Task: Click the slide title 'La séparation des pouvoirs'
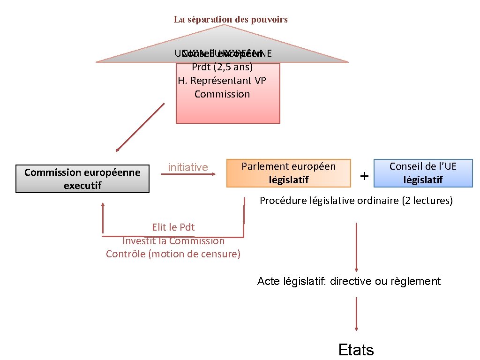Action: point(231,20)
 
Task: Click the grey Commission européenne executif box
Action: point(82,179)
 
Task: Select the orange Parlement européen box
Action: point(288,173)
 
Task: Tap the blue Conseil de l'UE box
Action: point(423,173)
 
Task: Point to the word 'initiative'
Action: point(188,167)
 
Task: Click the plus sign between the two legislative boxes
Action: point(364,176)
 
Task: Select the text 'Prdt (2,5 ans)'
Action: point(222,67)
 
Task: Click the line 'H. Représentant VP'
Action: point(222,80)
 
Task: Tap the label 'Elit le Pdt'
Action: point(173,227)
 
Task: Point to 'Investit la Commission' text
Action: point(173,241)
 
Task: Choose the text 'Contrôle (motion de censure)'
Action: point(173,254)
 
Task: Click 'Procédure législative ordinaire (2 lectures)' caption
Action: point(356,201)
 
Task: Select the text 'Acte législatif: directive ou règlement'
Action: point(349,281)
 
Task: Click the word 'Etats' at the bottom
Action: point(356,350)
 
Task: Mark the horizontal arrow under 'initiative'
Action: point(188,174)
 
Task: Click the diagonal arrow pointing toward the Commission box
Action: point(141,127)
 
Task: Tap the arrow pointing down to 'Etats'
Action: point(357,314)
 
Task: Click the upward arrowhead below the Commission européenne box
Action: point(103,205)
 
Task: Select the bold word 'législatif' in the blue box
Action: point(423,180)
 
